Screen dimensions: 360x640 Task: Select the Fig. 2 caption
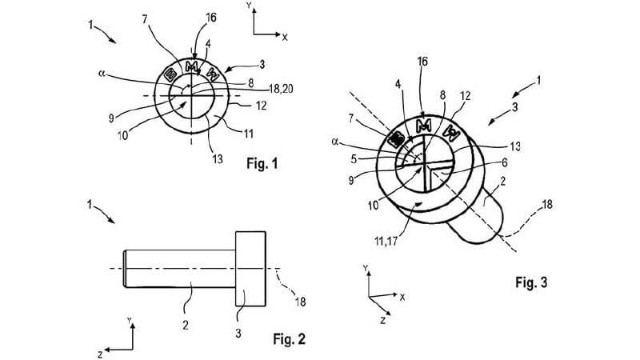[289, 337]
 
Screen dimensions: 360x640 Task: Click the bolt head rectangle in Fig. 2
[251, 267]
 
